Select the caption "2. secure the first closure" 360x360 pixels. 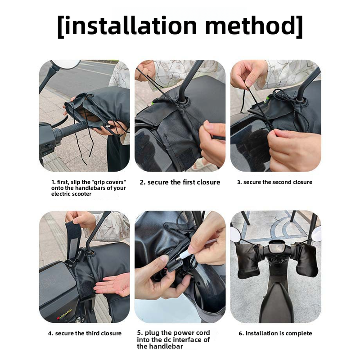tap(180, 182)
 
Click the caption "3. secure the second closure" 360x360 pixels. tap(274, 182)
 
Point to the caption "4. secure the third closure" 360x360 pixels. tap(85, 333)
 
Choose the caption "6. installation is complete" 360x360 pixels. tap(275, 333)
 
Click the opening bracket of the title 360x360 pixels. tap(61, 26)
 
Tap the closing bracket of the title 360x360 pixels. tap(299, 26)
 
